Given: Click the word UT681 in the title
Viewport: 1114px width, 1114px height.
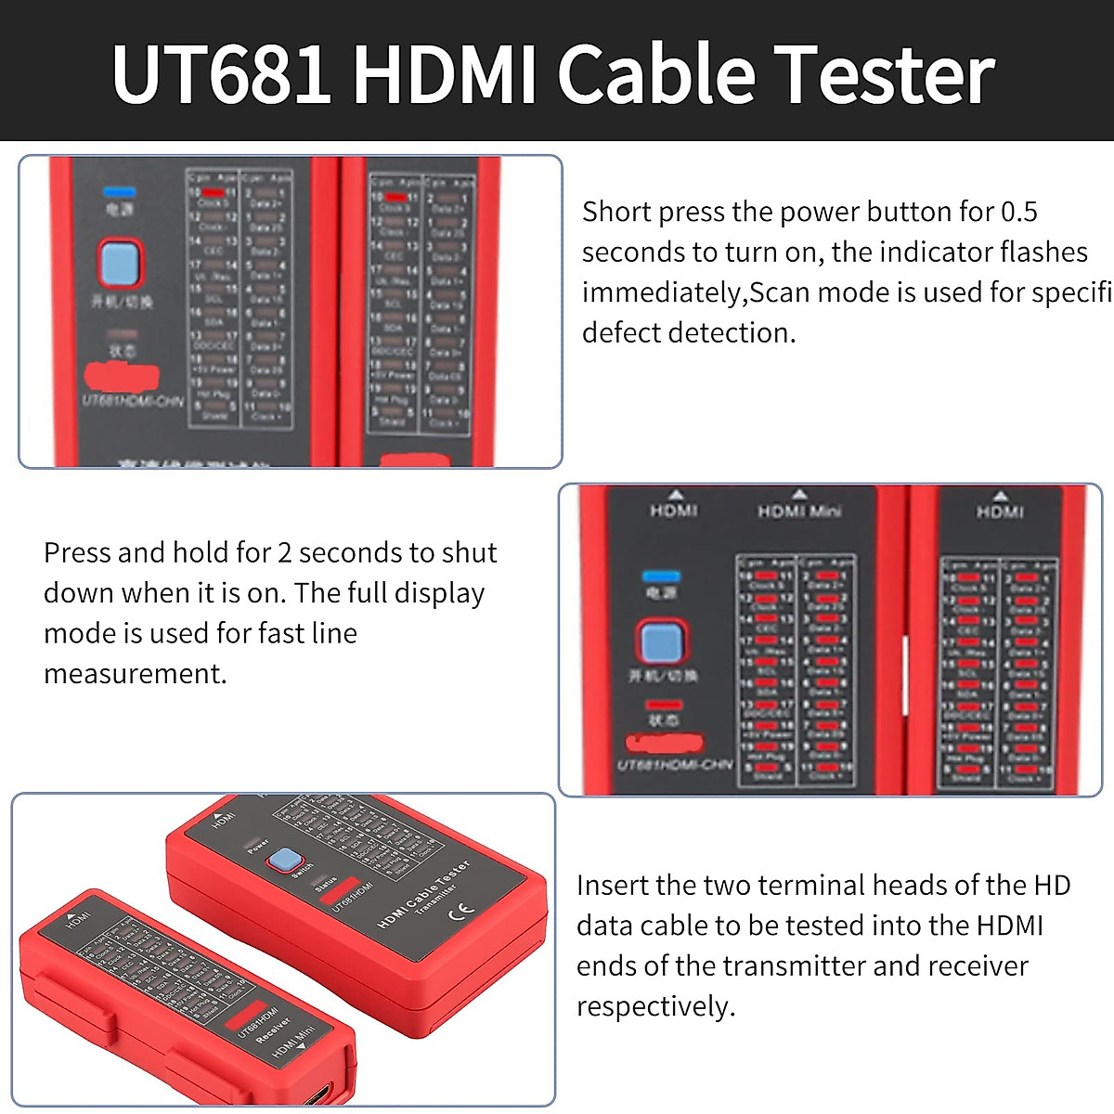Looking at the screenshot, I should coord(221,74).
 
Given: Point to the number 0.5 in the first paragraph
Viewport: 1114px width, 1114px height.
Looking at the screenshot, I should coord(1018,212).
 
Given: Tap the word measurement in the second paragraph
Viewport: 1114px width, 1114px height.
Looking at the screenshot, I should coord(135,673).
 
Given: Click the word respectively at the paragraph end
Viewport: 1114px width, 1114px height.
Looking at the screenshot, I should coord(655,1006).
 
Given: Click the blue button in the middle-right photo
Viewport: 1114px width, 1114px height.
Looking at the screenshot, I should coord(661,642).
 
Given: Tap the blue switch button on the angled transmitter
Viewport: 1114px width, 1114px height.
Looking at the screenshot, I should coord(285,861).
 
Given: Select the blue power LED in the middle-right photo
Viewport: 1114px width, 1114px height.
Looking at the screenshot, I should coord(661,576).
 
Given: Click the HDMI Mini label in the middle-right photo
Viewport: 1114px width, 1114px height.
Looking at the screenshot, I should coord(799,511).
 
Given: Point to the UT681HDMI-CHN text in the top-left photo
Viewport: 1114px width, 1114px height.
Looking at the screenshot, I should coord(133,401).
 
